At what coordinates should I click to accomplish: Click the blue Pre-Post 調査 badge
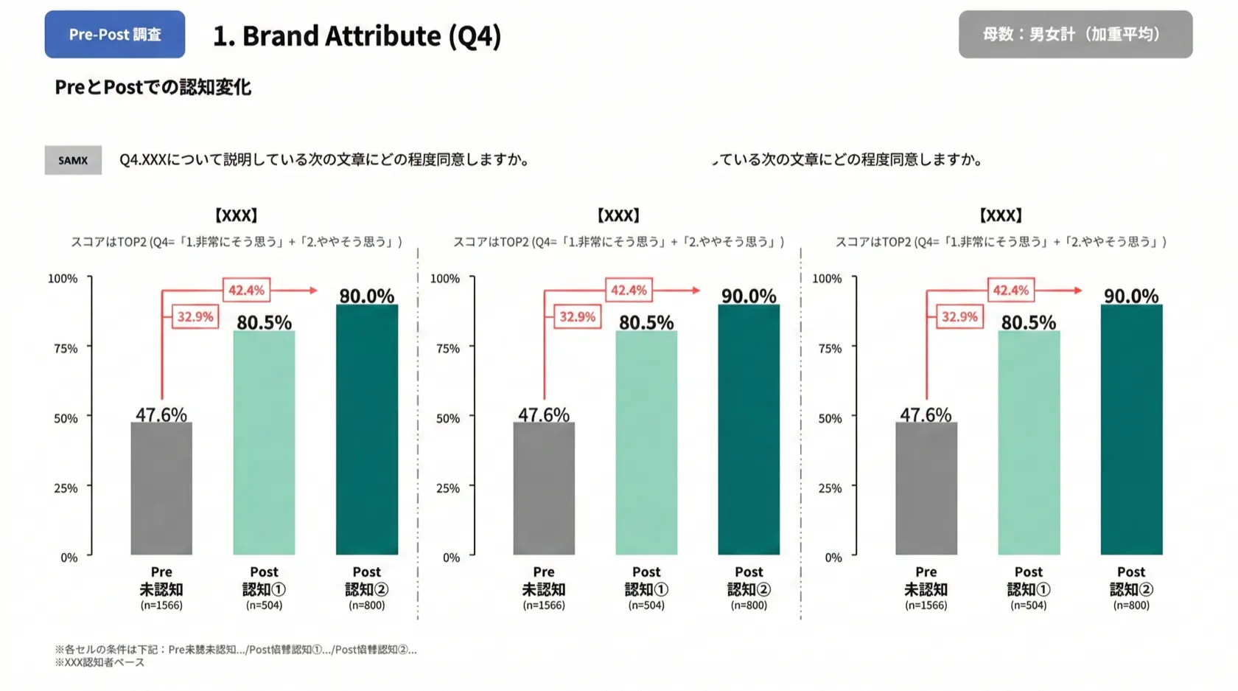click(x=114, y=35)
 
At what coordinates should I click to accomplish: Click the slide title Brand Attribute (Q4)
click(x=357, y=35)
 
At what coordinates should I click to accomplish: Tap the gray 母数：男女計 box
click(x=1074, y=35)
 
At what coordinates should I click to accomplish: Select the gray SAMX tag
click(x=73, y=160)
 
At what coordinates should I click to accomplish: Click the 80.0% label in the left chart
click(x=366, y=296)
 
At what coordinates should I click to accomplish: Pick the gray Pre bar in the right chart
click(x=926, y=488)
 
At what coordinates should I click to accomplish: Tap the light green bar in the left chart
click(x=264, y=442)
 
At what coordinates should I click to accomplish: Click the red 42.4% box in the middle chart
click(x=629, y=290)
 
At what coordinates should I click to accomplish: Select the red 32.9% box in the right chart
click(x=959, y=316)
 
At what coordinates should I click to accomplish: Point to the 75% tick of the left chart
click(x=66, y=348)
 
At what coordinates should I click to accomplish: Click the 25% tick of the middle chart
click(x=447, y=487)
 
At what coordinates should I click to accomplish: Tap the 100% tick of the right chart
click(x=827, y=278)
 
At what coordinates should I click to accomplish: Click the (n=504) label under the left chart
click(x=264, y=605)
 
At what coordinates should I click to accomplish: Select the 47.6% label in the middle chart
click(x=543, y=414)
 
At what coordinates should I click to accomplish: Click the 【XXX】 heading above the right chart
click(x=1000, y=215)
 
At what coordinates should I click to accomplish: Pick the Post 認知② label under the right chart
click(x=1130, y=581)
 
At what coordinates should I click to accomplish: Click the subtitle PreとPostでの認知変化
click(x=153, y=87)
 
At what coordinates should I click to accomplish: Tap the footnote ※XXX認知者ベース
click(x=99, y=662)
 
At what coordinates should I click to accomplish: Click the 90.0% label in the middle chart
click(x=748, y=296)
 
